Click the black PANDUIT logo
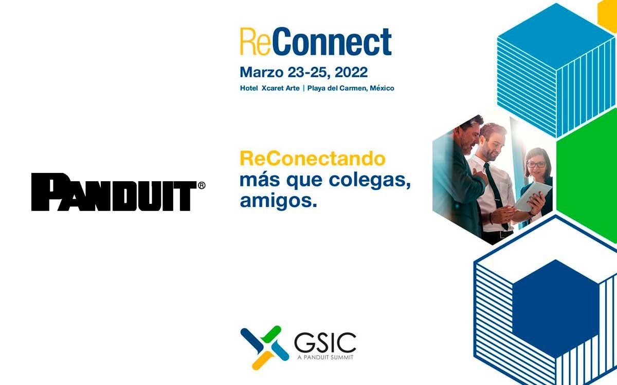(x=114, y=192)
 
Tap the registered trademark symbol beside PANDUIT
(x=202, y=186)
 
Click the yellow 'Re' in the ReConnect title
(x=255, y=42)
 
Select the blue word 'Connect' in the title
(x=331, y=42)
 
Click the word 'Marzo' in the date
(x=261, y=72)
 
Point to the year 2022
(x=351, y=72)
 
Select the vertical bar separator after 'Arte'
(x=303, y=88)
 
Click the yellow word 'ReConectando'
(x=313, y=159)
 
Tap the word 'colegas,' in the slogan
(x=370, y=181)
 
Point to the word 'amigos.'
(x=279, y=201)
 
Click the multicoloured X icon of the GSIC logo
(x=264, y=348)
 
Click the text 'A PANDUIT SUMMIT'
(x=325, y=357)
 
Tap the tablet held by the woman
(x=533, y=197)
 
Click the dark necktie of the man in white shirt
(x=496, y=192)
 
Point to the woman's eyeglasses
(x=536, y=165)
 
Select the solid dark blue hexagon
(x=556, y=308)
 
